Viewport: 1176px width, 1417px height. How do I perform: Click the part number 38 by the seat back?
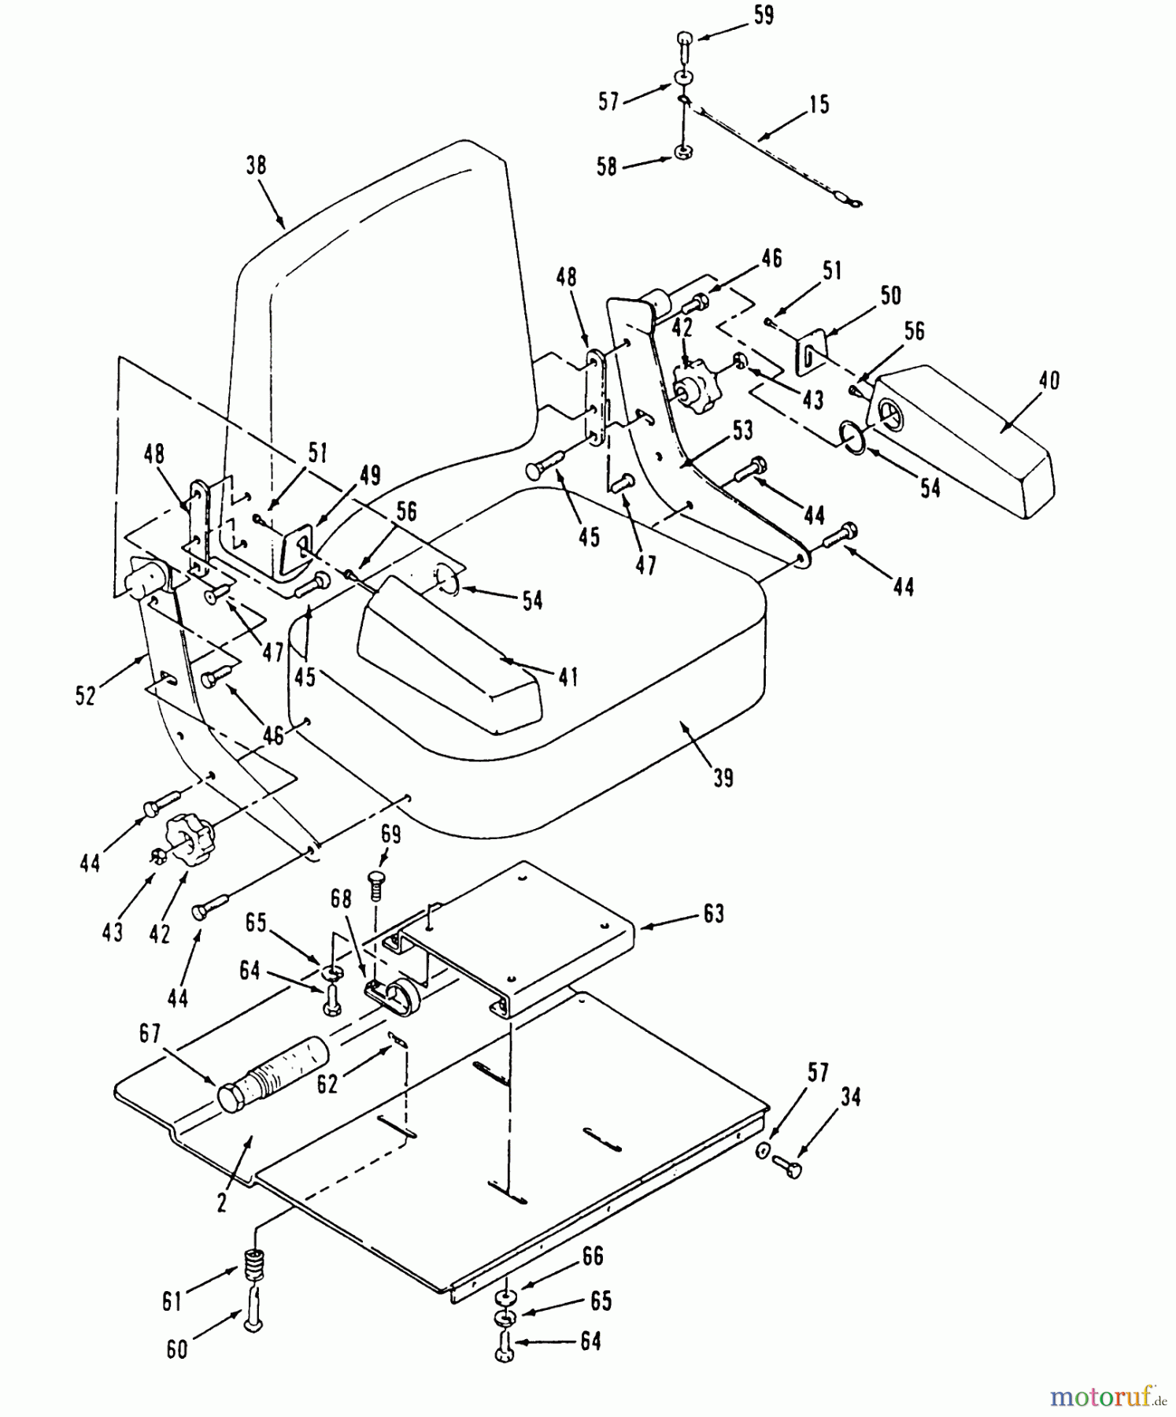coord(256,165)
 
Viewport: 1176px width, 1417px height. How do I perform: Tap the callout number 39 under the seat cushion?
coord(723,777)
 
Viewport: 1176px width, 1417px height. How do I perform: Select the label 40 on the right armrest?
coord(1048,380)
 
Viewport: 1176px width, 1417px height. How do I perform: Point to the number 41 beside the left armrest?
coord(568,675)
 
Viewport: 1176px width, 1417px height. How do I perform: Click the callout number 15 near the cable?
coord(819,104)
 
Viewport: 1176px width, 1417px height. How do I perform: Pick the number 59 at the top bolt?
coord(763,15)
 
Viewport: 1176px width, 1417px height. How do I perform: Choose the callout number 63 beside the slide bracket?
coord(713,914)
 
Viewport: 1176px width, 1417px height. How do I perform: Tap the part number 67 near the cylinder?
coord(150,1034)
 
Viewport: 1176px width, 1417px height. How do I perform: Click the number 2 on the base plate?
coord(222,1203)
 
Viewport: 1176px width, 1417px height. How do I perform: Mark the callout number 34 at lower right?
coord(849,1097)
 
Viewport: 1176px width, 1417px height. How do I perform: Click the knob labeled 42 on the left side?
coord(187,834)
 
